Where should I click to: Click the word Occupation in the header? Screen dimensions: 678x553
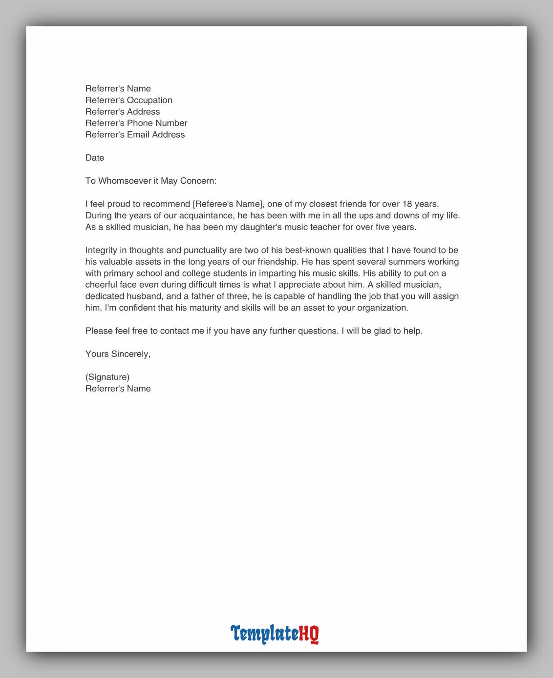coord(149,100)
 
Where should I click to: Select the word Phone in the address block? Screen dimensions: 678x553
coord(140,123)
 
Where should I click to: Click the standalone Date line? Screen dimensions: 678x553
coord(95,158)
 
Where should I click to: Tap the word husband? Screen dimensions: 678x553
coord(137,296)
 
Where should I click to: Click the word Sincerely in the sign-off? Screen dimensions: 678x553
coord(131,354)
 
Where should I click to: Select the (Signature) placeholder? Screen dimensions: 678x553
coord(107,377)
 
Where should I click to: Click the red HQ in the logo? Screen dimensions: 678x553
coord(309,634)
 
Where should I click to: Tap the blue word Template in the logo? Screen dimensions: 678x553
coord(264,634)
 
